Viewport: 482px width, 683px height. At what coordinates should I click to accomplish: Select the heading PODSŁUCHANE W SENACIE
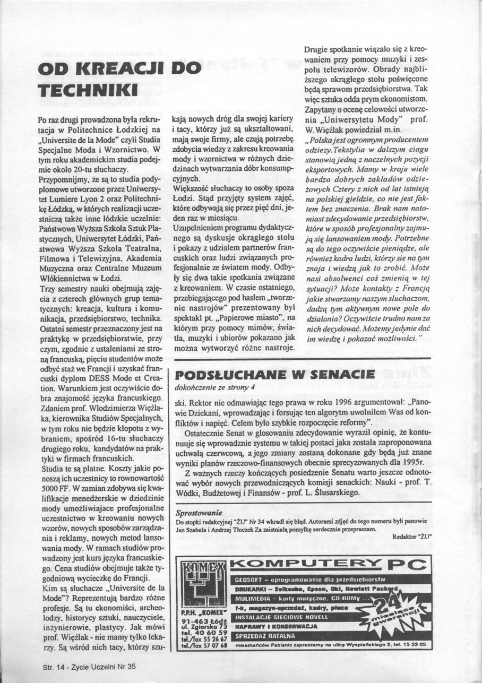pos(268,375)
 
